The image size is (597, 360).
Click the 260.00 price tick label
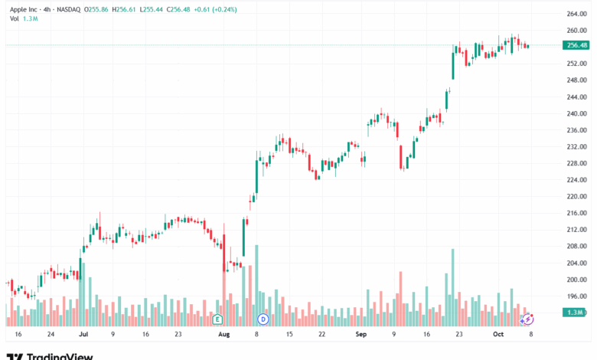[x=576, y=31]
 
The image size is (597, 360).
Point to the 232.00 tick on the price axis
[x=576, y=146]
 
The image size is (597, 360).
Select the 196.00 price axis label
[x=576, y=296]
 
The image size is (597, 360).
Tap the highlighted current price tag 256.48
[x=576, y=45]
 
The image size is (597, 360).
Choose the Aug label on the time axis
[x=223, y=335]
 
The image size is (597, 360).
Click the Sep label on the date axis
[x=361, y=335]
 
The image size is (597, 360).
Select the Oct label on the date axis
[x=497, y=335]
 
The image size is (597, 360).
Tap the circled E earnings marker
[x=217, y=319]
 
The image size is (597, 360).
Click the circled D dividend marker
[x=263, y=319]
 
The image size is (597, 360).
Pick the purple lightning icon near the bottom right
[x=527, y=318]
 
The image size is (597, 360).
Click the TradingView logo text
[x=60, y=355]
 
